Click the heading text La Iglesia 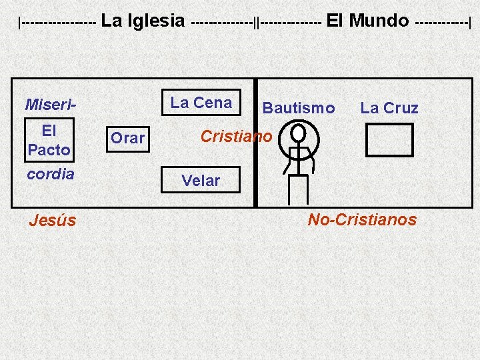(x=143, y=21)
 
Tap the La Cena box (x=201, y=103)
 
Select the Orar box (x=127, y=138)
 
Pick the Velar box (x=201, y=180)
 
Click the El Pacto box (x=49, y=140)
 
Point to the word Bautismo (x=299, y=108)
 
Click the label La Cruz (x=389, y=108)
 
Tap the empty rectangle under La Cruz (x=390, y=139)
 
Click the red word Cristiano (x=236, y=137)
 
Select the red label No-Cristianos (x=362, y=219)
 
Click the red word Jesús (x=53, y=220)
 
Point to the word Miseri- (x=51, y=105)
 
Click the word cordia (x=51, y=173)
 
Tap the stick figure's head (x=299, y=131)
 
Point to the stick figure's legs (x=297, y=189)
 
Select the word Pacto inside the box (x=49, y=150)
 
